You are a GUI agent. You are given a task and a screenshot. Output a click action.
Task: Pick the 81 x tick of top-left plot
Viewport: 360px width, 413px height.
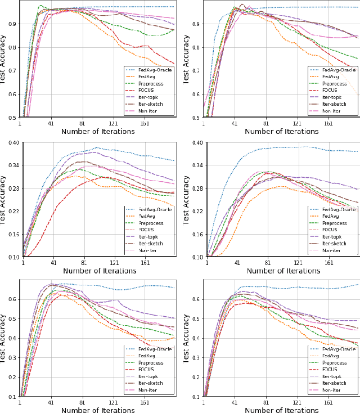point(82,124)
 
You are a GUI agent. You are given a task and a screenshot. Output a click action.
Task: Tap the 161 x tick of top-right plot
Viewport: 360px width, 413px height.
point(328,124)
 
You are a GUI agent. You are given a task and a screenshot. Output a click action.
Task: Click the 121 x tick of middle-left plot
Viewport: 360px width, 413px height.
point(114,263)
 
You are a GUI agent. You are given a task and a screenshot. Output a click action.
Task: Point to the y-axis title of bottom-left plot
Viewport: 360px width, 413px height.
point(4,338)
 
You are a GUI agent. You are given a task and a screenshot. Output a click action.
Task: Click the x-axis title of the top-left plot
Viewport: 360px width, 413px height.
point(98,132)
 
